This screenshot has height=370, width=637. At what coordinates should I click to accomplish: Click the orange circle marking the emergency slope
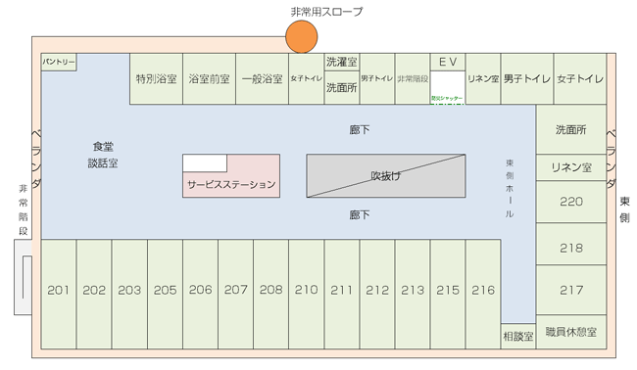[302, 36]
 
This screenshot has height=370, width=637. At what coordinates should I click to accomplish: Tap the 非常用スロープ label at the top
[326, 12]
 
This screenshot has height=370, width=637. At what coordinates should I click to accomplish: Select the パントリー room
[58, 62]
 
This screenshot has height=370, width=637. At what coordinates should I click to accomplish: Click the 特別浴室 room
[156, 79]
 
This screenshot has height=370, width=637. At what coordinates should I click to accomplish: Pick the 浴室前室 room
[209, 79]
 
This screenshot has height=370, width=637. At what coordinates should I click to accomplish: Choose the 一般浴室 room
[262, 79]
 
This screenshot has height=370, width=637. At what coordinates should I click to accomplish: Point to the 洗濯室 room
[342, 61]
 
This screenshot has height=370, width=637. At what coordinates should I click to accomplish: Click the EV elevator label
[448, 62]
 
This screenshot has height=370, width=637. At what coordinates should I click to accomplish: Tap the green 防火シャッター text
[448, 99]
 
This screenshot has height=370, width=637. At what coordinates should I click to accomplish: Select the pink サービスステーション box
[231, 183]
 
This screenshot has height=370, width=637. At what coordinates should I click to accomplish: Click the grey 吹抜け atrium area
[386, 176]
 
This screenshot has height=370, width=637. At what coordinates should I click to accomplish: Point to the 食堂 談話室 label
[102, 155]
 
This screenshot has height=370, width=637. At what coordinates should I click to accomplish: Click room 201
[58, 291]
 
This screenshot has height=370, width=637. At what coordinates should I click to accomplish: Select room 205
[165, 291]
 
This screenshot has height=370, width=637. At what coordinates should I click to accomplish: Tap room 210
[306, 291]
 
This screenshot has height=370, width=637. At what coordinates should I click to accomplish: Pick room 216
[483, 291]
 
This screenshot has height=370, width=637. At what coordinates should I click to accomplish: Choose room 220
[570, 203]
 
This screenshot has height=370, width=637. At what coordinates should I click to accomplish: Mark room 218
[570, 249]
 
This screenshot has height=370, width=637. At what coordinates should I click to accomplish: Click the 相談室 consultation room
[517, 336]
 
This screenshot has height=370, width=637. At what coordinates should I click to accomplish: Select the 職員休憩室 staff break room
[570, 332]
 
